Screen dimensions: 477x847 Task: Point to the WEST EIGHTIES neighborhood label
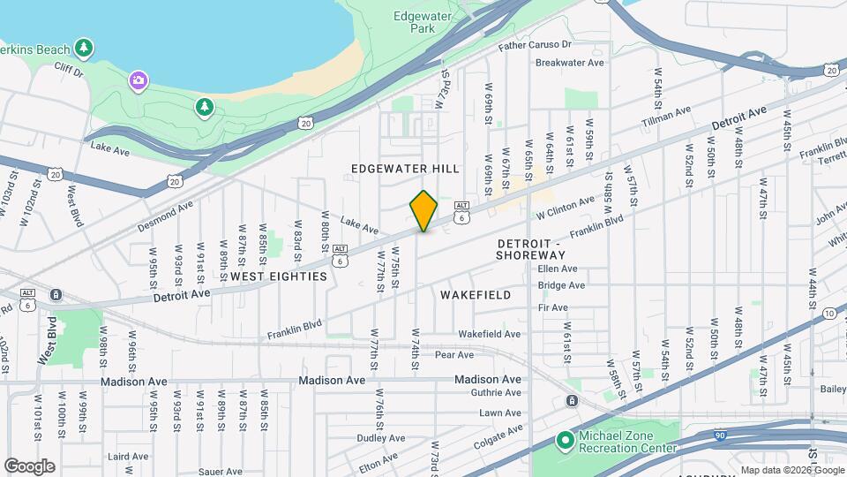point(279,276)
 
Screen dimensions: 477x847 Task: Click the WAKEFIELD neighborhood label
point(475,295)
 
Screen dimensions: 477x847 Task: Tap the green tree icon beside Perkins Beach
point(84,46)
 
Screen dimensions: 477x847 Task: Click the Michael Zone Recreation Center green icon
point(566,439)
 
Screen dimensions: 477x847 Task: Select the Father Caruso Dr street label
point(535,44)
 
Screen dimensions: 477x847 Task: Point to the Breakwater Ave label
point(570,63)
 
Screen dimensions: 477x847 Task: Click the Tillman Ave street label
point(666,115)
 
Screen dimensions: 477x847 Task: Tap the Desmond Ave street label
point(165,217)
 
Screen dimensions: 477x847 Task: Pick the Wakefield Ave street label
point(490,334)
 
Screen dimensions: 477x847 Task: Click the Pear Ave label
point(454,355)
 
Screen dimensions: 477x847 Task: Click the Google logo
point(29,466)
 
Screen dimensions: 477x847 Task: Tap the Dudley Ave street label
point(380,438)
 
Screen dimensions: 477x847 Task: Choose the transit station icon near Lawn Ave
point(572,402)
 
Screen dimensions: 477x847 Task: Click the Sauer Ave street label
point(221,473)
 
